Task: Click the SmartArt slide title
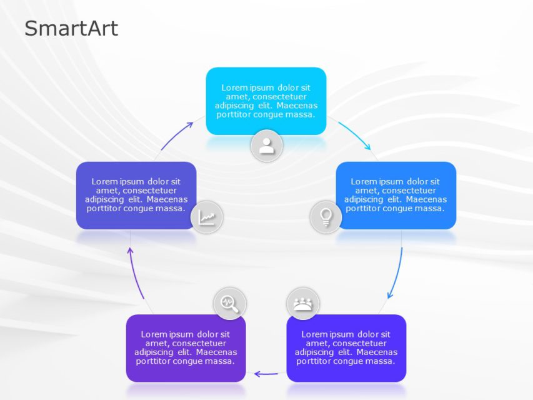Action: (71, 28)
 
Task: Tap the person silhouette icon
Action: (267, 146)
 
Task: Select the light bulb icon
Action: (326, 217)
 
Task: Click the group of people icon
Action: (302, 304)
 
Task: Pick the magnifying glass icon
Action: (229, 304)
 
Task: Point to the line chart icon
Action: (207, 217)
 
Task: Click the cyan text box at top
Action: (266, 100)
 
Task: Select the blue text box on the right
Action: (396, 195)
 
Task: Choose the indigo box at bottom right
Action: (346, 347)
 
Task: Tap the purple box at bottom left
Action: (186, 347)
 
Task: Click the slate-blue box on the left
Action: (136, 195)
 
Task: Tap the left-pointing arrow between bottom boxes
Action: (266, 374)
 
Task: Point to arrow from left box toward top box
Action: (178, 136)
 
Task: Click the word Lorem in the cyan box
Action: (233, 88)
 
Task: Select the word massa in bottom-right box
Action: (381, 361)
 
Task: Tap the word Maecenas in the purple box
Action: (216, 352)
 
